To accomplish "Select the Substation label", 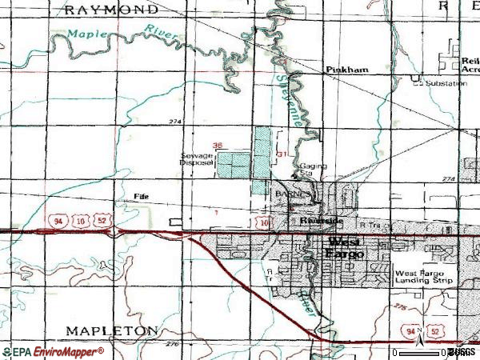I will [446, 83].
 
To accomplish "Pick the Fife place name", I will [142, 194].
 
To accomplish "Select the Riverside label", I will [321, 220].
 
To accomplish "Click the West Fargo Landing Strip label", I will [424, 277].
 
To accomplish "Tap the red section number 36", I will [217, 145].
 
